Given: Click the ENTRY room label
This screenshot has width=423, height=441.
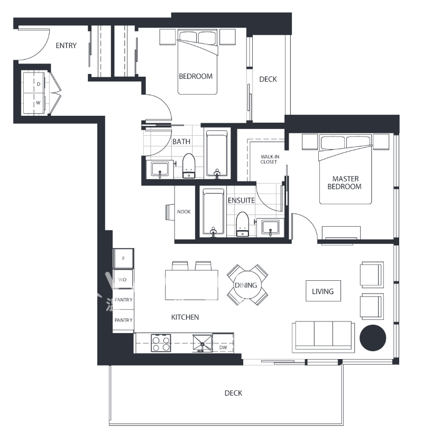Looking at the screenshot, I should [66, 45].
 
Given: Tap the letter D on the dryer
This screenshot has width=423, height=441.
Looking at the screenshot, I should [39, 84].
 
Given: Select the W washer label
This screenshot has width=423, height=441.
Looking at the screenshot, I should [38, 103].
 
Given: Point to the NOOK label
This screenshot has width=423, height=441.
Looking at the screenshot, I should [183, 212].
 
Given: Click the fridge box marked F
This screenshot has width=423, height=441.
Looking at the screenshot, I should [124, 259].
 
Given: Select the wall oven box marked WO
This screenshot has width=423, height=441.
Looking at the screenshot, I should [123, 279].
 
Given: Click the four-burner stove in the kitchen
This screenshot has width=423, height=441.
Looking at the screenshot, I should [161, 343].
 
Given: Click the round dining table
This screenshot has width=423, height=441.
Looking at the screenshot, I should [247, 285].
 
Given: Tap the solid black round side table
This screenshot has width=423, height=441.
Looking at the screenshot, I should [373, 337].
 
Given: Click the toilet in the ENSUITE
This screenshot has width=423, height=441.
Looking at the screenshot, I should [243, 224].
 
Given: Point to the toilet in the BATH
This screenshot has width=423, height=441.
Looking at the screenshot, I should [189, 166].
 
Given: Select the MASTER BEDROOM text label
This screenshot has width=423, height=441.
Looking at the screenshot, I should [344, 182].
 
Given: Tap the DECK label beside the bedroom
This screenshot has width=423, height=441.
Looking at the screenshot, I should [268, 79].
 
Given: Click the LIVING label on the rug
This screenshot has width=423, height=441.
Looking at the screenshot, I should [323, 291].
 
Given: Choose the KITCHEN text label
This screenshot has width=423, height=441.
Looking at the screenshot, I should [185, 317].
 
